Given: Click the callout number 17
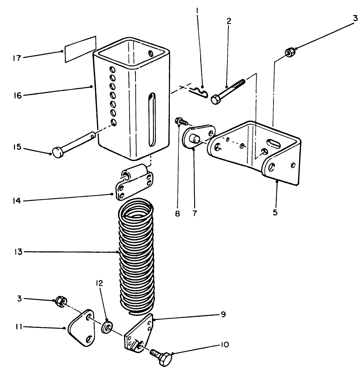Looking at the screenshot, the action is pos(17,58).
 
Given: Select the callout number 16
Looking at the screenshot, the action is pos(18,96).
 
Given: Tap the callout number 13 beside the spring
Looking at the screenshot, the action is pos(18,252).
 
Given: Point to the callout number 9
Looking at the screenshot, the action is pos(223,314).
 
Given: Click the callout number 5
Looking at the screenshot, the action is pos(275,212).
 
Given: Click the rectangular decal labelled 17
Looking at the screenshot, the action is pos(80,49).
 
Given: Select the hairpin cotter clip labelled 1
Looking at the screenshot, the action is pos(199,93).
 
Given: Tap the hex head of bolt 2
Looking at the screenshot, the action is pos(216,99).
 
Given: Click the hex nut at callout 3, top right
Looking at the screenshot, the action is pos(290,53).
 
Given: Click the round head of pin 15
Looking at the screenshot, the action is pos(58,152).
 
